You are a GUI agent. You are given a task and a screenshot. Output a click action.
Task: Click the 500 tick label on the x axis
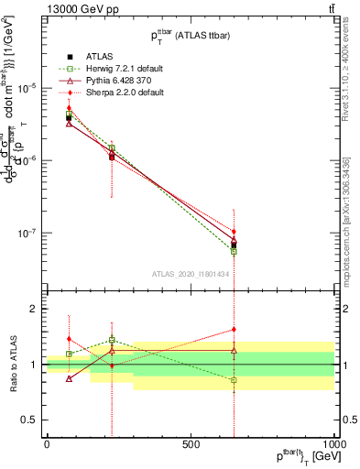click(191, 443)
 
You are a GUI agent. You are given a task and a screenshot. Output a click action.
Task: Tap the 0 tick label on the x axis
click(47, 443)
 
